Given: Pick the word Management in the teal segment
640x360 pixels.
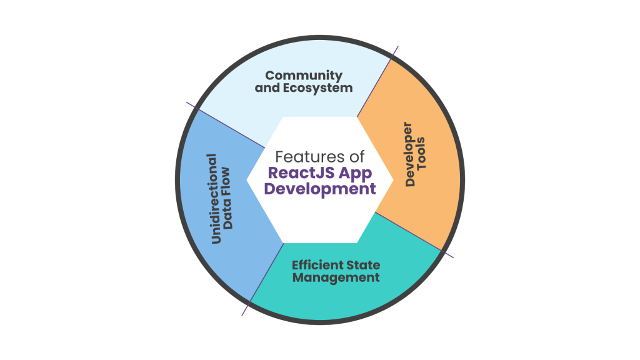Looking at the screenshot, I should [x=336, y=277].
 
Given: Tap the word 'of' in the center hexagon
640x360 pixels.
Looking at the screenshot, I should [x=356, y=156].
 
